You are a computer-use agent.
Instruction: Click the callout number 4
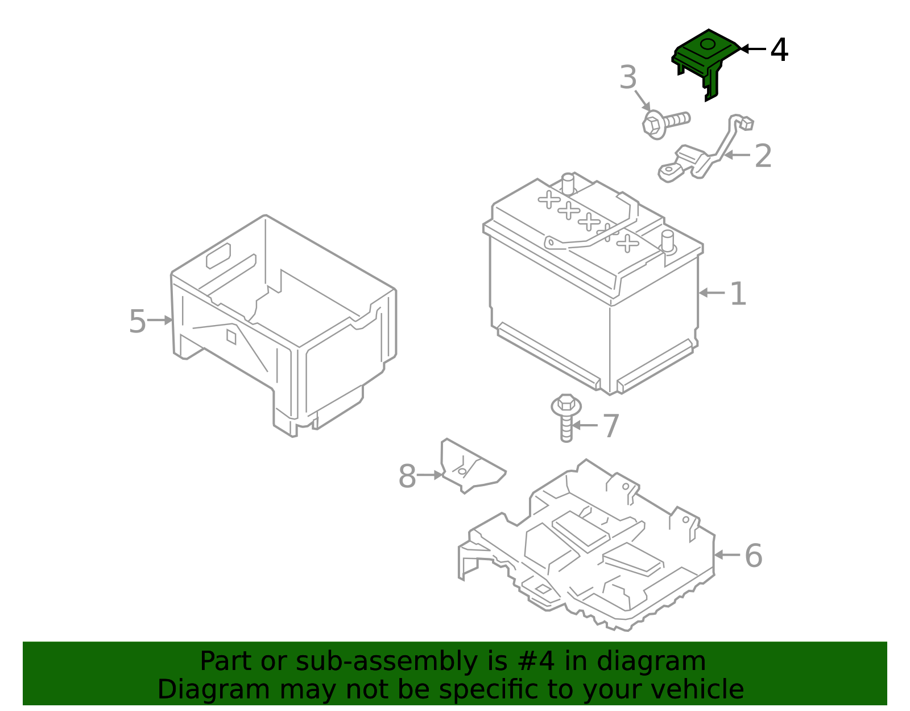tap(779, 50)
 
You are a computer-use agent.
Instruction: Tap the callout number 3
tap(628, 77)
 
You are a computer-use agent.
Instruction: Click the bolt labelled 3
tap(666, 124)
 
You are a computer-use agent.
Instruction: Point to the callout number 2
tap(763, 156)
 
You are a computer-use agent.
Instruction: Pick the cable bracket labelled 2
tap(706, 149)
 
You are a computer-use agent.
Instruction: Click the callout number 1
tap(738, 294)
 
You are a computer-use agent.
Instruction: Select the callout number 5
tap(138, 322)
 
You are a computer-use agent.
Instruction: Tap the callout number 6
tap(754, 556)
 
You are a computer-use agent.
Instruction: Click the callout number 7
tap(611, 426)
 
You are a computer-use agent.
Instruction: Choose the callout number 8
tap(407, 476)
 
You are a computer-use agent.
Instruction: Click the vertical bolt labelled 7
tap(566, 418)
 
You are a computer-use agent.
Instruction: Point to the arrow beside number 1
tap(712, 293)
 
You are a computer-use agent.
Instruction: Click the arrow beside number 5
tap(160, 320)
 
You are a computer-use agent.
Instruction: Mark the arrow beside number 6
tap(726, 554)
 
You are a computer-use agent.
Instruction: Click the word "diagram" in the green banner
tap(651, 661)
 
